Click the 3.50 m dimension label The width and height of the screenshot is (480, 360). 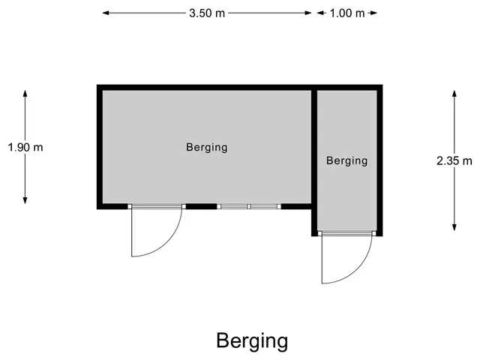coord(207,13)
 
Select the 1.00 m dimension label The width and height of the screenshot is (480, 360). coord(347,13)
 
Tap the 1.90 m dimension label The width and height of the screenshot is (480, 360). coord(25,147)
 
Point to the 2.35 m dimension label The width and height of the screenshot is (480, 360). coord(454,160)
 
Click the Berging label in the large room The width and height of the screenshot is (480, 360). coord(207,148)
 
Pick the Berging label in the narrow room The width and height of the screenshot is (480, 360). coord(346,161)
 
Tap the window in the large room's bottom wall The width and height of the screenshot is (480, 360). coord(249,207)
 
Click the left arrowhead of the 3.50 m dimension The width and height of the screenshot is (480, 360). coord(106,13)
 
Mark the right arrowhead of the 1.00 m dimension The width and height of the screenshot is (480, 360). coord(373,13)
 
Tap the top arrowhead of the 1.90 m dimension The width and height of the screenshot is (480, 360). coord(25,94)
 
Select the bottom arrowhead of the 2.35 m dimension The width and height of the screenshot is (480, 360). coord(454,227)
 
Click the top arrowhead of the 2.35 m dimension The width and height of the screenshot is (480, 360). coord(454,94)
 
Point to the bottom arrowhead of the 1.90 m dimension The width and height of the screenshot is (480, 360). coord(25,200)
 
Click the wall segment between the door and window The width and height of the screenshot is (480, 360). coord(201,207)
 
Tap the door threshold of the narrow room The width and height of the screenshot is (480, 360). coord(346,233)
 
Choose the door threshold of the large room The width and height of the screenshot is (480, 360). coord(157,207)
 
